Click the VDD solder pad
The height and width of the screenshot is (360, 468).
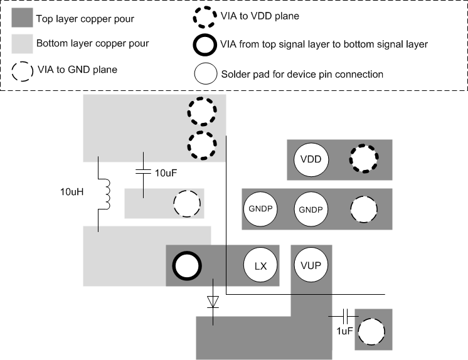[311, 159]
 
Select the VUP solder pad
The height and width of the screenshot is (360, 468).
[311, 266]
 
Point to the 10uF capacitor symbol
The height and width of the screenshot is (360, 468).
[144, 171]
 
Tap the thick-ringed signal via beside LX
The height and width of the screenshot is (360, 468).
[187, 266]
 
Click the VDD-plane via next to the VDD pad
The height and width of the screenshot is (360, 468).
[364, 159]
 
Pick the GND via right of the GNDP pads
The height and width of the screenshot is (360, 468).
[364, 209]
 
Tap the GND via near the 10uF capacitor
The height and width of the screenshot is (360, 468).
[186, 204]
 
